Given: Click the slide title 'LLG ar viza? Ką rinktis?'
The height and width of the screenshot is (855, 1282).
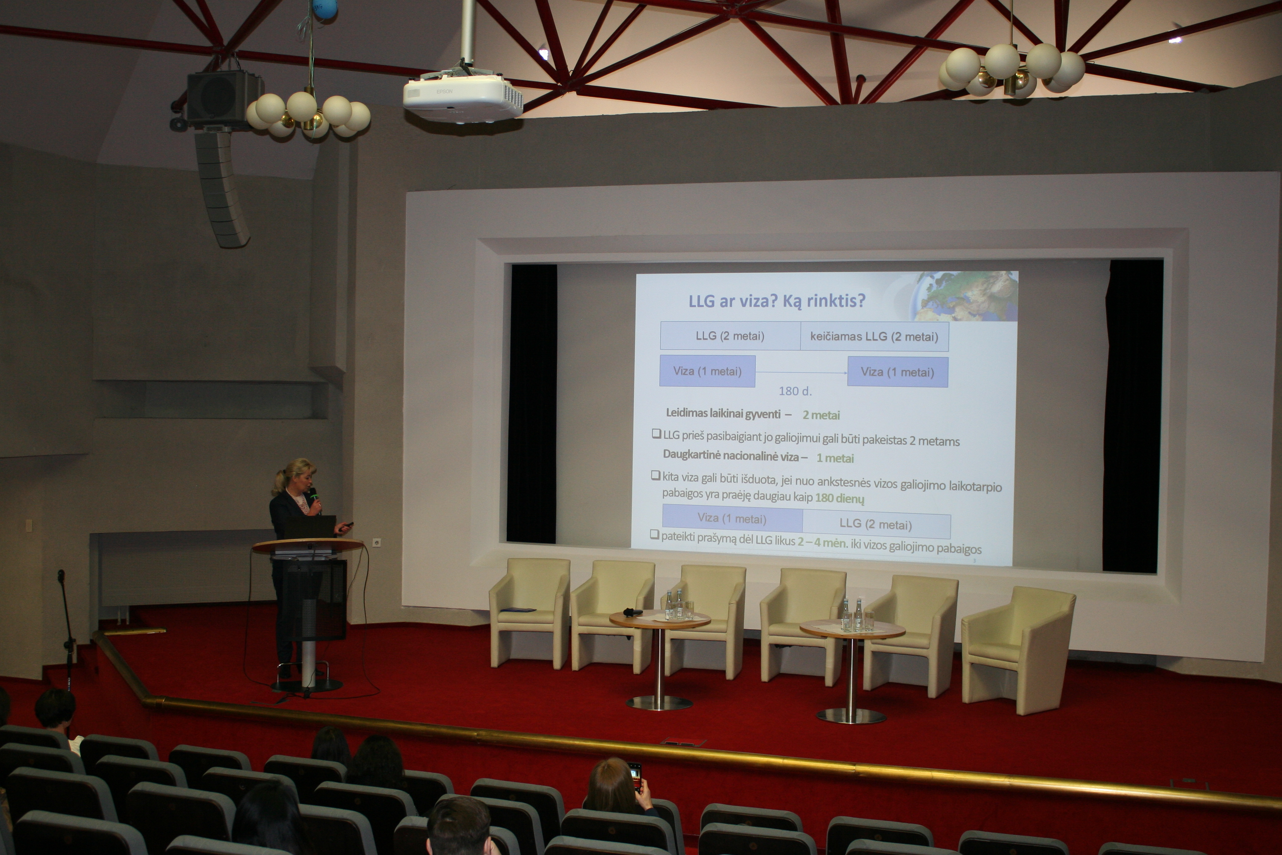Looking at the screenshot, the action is [x=777, y=301].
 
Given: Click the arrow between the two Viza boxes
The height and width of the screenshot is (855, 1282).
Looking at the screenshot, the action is [x=801, y=373].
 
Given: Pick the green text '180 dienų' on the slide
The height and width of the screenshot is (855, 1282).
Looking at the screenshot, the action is [x=839, y=498].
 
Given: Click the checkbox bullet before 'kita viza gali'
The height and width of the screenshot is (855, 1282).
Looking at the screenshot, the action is [x=656, y=475].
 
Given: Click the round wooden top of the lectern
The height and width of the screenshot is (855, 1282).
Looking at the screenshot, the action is [x=308, y=545].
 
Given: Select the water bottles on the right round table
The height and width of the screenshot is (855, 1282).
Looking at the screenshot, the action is [x=852, y=615].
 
